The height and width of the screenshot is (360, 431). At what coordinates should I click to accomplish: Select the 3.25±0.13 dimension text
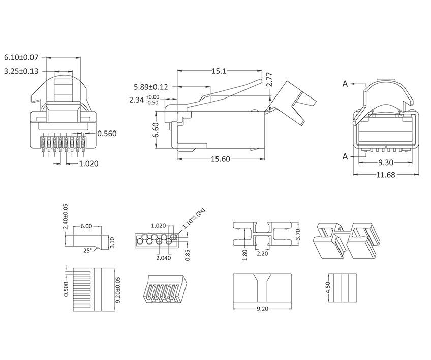tap(21, 71)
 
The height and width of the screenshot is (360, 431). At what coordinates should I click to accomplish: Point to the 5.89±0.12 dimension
tap(151, 87)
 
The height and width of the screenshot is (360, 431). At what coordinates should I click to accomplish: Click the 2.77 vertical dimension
tap(270, 80)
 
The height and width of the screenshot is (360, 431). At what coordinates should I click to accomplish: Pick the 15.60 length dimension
tap(221, 159)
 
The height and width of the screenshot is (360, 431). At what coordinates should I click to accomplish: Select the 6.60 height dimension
tap(156, 129)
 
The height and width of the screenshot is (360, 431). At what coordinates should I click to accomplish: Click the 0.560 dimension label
tap(107, 134)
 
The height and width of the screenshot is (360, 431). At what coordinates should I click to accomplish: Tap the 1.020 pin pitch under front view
tap(88, 163)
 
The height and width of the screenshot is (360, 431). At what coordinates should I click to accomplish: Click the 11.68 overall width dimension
tap(386, 175)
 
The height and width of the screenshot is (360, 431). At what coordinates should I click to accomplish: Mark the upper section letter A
tap(345, 84)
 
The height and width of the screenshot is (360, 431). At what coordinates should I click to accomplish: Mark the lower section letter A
tap(345, 156)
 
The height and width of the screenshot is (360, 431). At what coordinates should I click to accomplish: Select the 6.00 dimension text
tap(87, 227)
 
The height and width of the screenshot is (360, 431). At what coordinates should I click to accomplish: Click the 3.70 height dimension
tap(299, 234)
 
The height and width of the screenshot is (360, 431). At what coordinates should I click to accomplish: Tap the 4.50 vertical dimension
tap(328, 287)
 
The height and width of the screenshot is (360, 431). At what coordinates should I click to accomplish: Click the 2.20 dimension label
tap(263, 253)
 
